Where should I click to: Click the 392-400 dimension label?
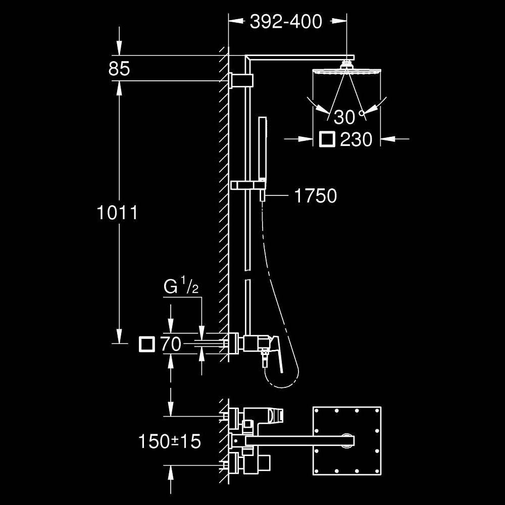point(286,22)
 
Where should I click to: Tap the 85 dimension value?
point(119,69)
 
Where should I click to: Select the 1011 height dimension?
point(117,213)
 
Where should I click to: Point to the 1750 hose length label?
point(316,195)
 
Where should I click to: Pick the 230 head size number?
point(356,139)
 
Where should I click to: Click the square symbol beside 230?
point(327,139)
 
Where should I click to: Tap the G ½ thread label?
point(181,286)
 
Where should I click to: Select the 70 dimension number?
point(171,344)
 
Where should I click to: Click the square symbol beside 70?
point(147,344)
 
